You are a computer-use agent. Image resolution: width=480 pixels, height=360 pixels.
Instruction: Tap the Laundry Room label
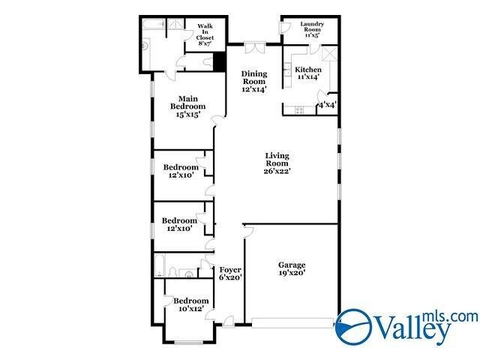[x=311, y=28]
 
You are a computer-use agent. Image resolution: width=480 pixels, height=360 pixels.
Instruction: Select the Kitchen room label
[x=307, y=73]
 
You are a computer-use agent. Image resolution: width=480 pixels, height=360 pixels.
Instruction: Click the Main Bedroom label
[x=187, y=106]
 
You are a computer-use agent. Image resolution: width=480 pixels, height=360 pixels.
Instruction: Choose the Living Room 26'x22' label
[x=277, y=163]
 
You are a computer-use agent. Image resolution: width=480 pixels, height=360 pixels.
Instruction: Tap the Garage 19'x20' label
[x=292, y=268]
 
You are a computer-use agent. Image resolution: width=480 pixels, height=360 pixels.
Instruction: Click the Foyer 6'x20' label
[x=229, y=273]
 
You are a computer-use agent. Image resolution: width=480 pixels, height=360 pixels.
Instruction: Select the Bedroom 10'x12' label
[x=191, y=304]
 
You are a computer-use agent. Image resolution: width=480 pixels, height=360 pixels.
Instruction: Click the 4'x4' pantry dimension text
[x=327, y=105]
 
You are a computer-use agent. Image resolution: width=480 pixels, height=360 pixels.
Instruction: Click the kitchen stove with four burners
[x=298, y=109]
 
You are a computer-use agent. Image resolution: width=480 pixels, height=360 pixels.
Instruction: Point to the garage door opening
[x=292, y=322]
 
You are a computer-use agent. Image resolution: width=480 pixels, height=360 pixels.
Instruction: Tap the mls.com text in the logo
[x=450, y=316]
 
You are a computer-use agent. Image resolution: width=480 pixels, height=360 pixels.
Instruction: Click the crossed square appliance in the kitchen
[x=328, y=55]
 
